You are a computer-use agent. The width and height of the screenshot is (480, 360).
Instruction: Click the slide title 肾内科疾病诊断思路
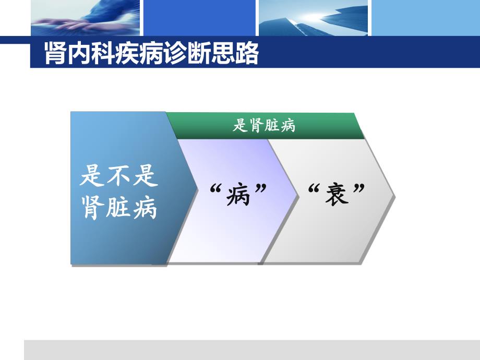point(151,54)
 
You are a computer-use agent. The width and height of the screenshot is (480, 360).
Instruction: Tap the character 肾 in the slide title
point(55,54)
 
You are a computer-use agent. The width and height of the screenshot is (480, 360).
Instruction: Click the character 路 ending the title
point(248,54)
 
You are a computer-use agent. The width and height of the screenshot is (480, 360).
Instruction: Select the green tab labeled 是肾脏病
point(264,126)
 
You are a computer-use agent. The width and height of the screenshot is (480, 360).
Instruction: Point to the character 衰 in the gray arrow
point(335,195)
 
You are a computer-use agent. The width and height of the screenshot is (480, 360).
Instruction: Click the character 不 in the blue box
point(119,176)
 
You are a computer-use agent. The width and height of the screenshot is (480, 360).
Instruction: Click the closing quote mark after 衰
point(358,188)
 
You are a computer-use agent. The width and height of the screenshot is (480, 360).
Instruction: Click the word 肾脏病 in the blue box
point(119,209)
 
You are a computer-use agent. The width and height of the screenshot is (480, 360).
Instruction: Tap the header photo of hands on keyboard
point(86,17)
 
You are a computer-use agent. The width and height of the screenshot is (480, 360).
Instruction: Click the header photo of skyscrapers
point(313,17)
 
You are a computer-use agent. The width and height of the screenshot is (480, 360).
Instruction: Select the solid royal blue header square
point(199,17)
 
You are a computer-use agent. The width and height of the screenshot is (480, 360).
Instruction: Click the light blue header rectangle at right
point(425,17)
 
